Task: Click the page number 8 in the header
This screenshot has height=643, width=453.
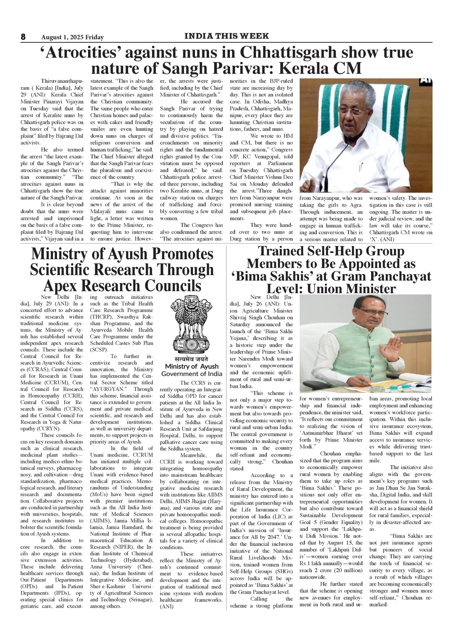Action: pos(23,37)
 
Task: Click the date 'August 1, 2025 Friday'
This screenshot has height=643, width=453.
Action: pos(72,37)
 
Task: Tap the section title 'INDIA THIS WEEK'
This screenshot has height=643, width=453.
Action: pos(226,36)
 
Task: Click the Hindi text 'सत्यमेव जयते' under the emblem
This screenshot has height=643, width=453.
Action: pos(192,360)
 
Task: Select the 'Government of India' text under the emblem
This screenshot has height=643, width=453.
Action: pos(192,374)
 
